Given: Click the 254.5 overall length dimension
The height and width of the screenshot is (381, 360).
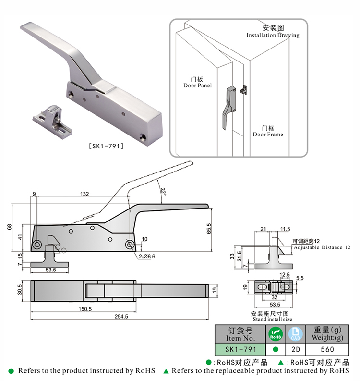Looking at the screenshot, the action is [x=121, y=316].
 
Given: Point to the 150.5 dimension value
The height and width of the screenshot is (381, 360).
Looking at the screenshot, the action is [x=85, y=309].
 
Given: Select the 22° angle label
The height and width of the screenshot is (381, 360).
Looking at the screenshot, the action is [x=163, y=192].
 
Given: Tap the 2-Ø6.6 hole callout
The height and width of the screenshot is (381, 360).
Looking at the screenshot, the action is [x=147, y=257].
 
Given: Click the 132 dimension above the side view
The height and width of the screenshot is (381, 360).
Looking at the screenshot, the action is [x=84, y=194].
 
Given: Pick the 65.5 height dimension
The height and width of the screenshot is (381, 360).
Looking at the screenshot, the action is [x=209, y=229].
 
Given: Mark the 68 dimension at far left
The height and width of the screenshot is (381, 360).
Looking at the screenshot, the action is [x=9, y=227].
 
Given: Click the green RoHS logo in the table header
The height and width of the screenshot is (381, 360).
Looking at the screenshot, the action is [x=276, y=334].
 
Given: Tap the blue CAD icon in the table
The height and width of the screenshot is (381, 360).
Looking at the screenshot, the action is [x=295, y=334].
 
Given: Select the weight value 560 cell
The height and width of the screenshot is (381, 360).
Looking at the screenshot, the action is [x=327, y=349].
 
